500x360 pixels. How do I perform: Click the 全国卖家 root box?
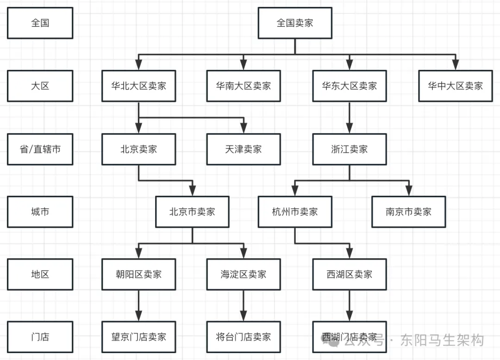point(295,23)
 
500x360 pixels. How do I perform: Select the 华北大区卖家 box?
point(138,86)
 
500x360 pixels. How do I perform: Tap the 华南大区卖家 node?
point(243,86)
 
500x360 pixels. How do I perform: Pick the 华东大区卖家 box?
point(349,86)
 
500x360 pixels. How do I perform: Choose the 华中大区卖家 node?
point(455,86)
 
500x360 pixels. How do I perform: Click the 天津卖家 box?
point(243,149)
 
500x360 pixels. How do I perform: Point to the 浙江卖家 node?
point(349,149)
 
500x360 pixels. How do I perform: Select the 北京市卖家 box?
point(192,212)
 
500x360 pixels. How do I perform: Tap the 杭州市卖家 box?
point(295,212)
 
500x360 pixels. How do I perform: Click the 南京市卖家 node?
point(408,212)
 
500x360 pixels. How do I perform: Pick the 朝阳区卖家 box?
point(138,274)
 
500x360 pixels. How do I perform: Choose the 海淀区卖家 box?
point(243,274)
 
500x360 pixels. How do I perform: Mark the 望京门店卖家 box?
point(138,337)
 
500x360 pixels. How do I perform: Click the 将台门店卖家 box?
point(243,337)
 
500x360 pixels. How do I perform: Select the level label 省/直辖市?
point(40,149)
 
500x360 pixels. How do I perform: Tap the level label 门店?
point(40,337)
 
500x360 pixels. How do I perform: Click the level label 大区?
point(40,86)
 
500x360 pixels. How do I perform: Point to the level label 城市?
point(40,212)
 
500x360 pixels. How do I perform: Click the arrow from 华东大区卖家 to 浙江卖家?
point(349,118)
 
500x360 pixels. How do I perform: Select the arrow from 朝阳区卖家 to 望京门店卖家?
point(138,305)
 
